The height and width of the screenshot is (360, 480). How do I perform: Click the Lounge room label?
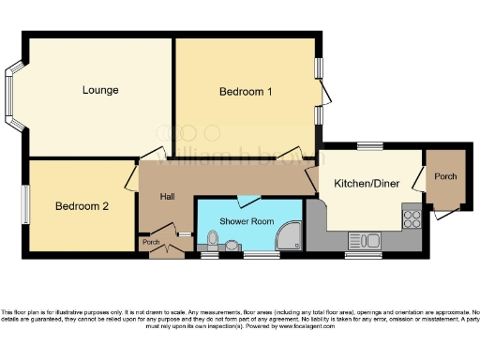point(100,90)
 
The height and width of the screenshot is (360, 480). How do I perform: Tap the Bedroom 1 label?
point(246,92)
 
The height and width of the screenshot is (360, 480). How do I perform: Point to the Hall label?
point(168,195)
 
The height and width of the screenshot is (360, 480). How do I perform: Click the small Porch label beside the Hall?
point(150,243)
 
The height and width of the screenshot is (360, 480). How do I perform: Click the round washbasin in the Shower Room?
point(232,245)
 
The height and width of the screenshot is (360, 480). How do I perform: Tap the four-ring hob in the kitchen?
point(412,219)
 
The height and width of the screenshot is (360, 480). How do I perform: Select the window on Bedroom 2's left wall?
point(25,203)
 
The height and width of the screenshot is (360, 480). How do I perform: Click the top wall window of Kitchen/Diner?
point(369,146)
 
